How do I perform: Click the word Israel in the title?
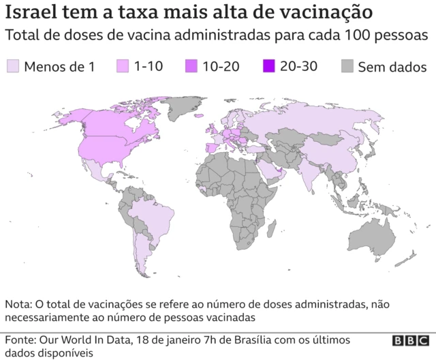[x=30, y=13]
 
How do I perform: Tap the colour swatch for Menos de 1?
[x=12, y=66]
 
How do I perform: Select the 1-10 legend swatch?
[x=123, y=66]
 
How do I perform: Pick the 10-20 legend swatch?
[x=191, y=66]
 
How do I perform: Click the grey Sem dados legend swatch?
[x=347, y=66]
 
